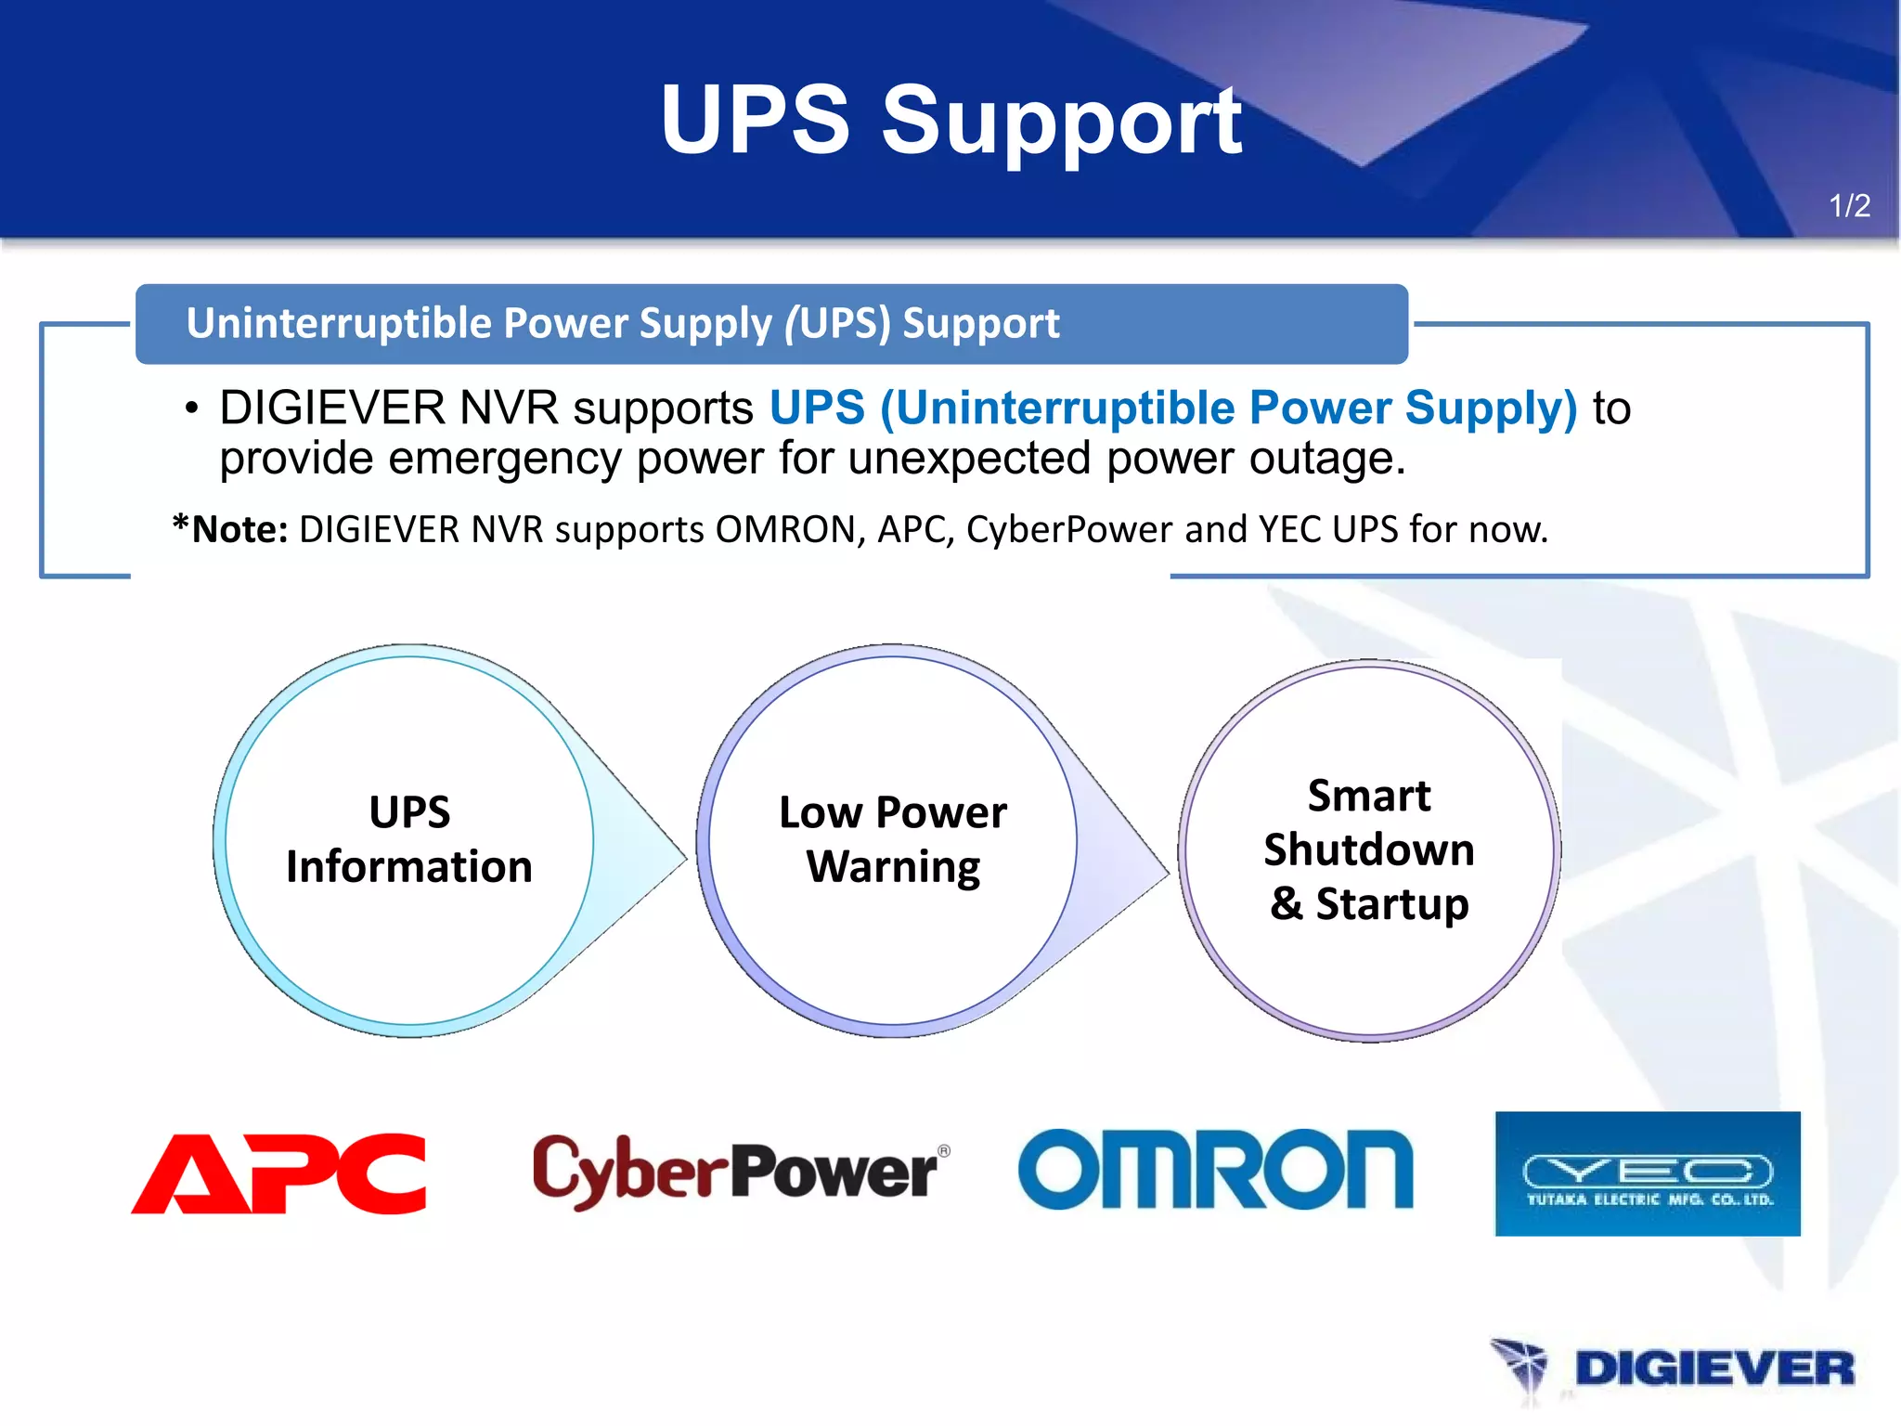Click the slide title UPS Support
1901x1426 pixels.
(x=950, y=121)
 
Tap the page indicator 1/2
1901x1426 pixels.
(x=1849, y=205)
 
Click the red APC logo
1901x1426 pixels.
(x=279, y=1173)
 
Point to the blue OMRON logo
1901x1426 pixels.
(x=1215, y=1170)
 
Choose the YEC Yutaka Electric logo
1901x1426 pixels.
(x=1647, y=1173)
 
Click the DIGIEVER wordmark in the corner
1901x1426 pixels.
(x=1713, y=1368)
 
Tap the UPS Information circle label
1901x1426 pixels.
(x=409, y=839)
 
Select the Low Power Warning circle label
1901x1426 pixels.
(x=893, y=839)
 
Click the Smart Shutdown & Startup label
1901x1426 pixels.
(x=1369, y=849)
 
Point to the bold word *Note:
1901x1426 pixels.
(x=231, y=529)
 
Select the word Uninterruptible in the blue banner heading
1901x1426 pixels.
(x=337, y=323)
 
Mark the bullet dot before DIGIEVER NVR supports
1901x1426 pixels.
(x=191, y=408)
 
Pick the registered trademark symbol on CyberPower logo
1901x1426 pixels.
(x=944, y=1151)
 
